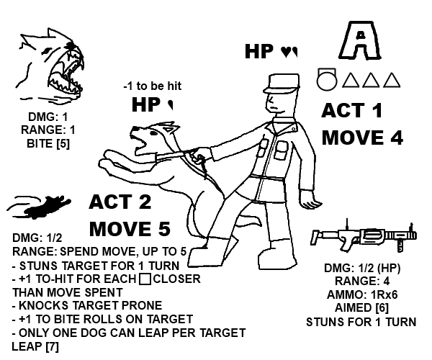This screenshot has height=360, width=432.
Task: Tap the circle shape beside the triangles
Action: [x=327, y=78]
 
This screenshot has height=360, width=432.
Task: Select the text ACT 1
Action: [x=352, y=112]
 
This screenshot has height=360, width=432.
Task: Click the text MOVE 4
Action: [x=362, y=138]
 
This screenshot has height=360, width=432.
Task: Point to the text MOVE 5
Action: [x=130, y=230]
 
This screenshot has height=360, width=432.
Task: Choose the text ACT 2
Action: [x=120, y=202]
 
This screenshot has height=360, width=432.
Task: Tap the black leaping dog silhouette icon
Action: [x=42, y=207]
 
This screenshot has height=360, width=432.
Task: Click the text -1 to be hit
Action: [x=152, y=86]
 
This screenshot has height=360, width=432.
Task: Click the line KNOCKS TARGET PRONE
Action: [x=87, y=306]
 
